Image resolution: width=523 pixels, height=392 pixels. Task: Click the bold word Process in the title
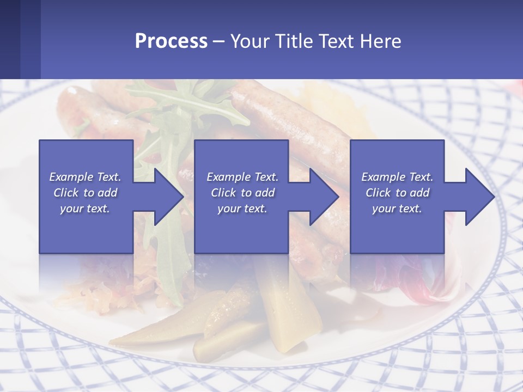[171, 41]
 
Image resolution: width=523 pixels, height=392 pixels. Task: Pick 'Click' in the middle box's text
[223, 193]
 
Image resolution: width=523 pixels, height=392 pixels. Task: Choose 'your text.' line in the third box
[397, 209]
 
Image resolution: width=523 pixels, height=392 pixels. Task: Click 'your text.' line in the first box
[85, 209]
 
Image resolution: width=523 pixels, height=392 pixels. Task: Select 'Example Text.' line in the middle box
[242, 177]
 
